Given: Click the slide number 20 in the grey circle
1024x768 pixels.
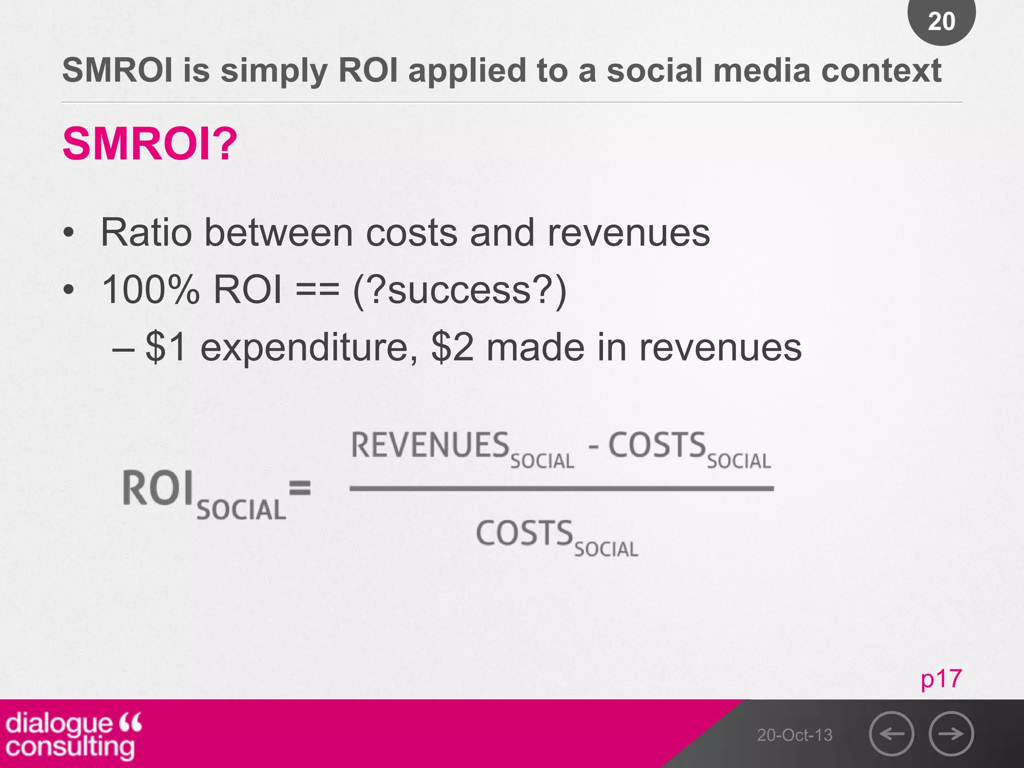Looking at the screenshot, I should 941,21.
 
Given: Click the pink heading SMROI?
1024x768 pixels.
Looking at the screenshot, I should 149,144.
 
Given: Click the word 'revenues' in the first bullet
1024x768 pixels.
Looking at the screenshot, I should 628,233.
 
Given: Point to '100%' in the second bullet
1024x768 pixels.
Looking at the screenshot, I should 150,290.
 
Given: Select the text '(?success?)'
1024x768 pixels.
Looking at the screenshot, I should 459,290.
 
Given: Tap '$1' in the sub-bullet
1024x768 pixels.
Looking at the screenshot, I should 166,347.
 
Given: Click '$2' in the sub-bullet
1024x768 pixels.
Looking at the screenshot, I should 452,347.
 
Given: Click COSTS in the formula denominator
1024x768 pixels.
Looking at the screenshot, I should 524,533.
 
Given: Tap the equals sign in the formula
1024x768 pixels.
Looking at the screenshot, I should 300,487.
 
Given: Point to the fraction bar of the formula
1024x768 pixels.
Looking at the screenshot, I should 561,488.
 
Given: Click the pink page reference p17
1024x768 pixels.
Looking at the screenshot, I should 941,679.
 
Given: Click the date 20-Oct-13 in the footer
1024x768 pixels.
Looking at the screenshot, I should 794,735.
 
